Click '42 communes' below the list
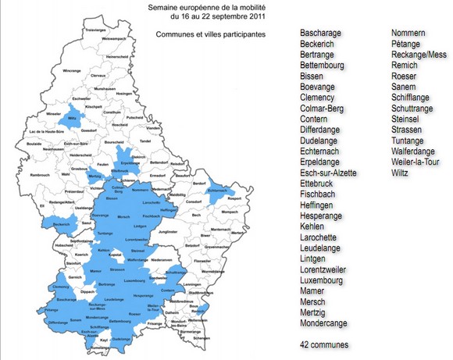(324, 344)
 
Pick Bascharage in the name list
(324, 34)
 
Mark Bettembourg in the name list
(327, 66)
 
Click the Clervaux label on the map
(98, 76)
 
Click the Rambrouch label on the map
(38, 175)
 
